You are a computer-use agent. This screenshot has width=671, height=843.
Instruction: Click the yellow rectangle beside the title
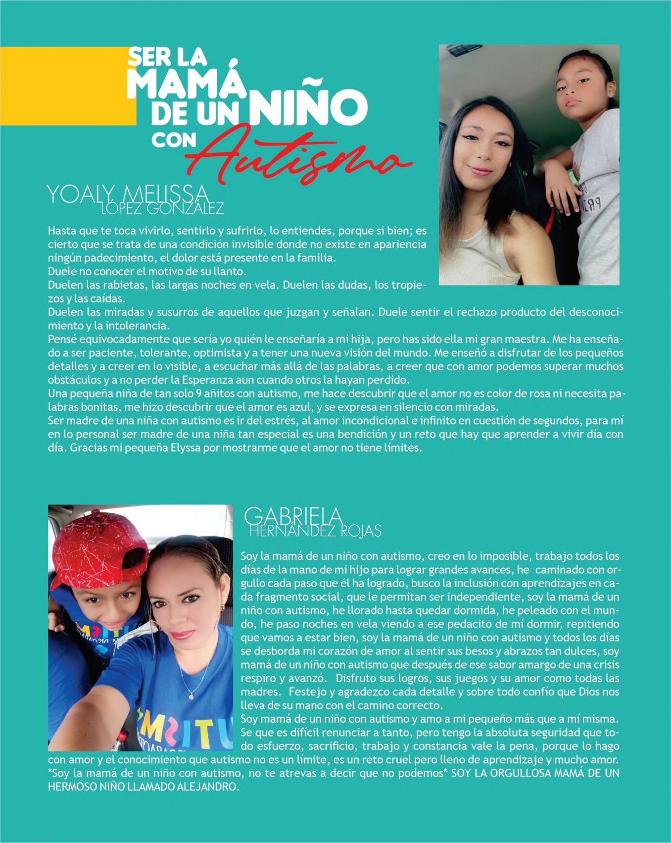pyautogui.click(x=67, y=87)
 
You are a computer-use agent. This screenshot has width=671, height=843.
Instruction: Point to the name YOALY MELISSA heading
pyautogui.click(x=126, y=195)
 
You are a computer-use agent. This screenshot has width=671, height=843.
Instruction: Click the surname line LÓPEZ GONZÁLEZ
pyautogui.click(x=162, y=209)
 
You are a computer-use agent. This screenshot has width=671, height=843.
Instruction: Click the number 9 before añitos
pyautogui.click(x=207, y=394)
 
